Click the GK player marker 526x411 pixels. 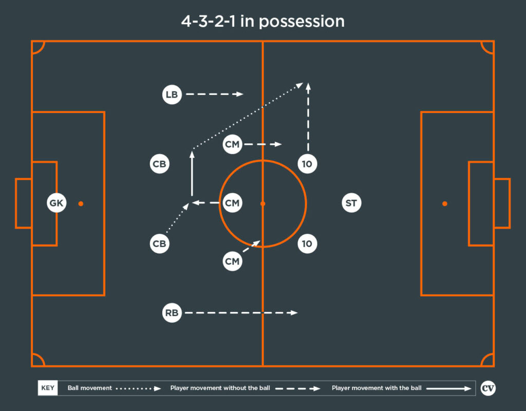pos(57,203)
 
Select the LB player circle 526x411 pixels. pos(172,95)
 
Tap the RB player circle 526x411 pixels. pos(172,313)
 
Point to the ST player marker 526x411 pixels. pos(351,203)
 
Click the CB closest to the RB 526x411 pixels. pos(159,244)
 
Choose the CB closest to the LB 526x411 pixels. pos(159,164)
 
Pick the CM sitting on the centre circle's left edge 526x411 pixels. pos(232,203)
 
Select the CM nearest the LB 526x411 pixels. pos(232,144)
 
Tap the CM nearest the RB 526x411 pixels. pos(232,261)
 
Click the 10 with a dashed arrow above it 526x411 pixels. pos(307,164)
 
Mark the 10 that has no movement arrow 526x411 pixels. pos(307,244)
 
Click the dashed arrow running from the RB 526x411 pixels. pos(241,313)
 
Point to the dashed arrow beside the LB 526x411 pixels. pos(215,95)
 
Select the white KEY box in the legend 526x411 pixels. pos(48,388)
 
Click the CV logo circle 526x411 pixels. pos(488,388)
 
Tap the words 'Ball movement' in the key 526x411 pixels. pos(89,388)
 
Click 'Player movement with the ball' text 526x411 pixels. pos(377,388)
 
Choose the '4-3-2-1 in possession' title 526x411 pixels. pos(262,22)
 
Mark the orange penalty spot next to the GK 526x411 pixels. pos(81,203)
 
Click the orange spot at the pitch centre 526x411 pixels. pos(262,203)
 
